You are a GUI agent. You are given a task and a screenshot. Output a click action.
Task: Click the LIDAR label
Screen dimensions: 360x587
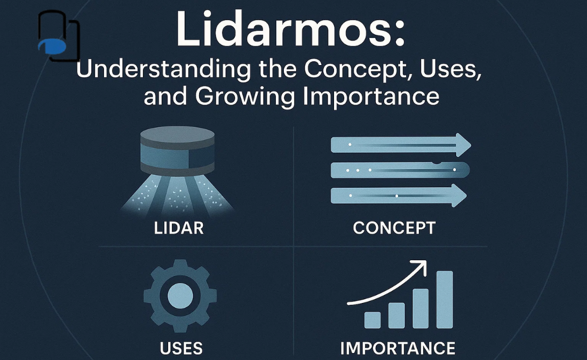pyautogui.click(x=179, y=228)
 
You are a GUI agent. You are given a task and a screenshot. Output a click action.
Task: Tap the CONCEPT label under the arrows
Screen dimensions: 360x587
pyautogui.click(x=394, y=228)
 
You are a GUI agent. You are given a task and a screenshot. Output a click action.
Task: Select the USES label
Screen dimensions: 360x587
pyautogui.click(x=181, y=348)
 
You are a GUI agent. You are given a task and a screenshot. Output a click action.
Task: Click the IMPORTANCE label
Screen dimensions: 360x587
pyautogui.click(x=398, y=348)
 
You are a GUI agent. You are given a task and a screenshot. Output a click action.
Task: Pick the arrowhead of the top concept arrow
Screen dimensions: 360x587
pyautogui.click(x=462, y=145)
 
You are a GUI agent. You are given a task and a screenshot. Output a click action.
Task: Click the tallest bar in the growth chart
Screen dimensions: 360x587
pyautogui.click(x=444, y=299)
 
